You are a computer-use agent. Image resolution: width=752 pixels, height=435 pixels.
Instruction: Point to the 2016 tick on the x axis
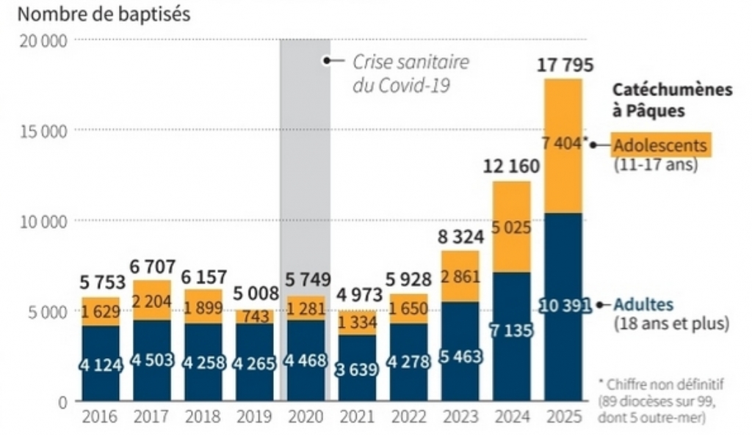101,417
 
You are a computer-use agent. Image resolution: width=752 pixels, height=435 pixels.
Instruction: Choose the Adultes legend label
643,304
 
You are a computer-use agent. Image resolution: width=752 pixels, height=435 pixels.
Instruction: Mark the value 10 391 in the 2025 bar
565,305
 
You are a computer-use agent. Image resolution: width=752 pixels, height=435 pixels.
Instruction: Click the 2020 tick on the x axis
305,417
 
